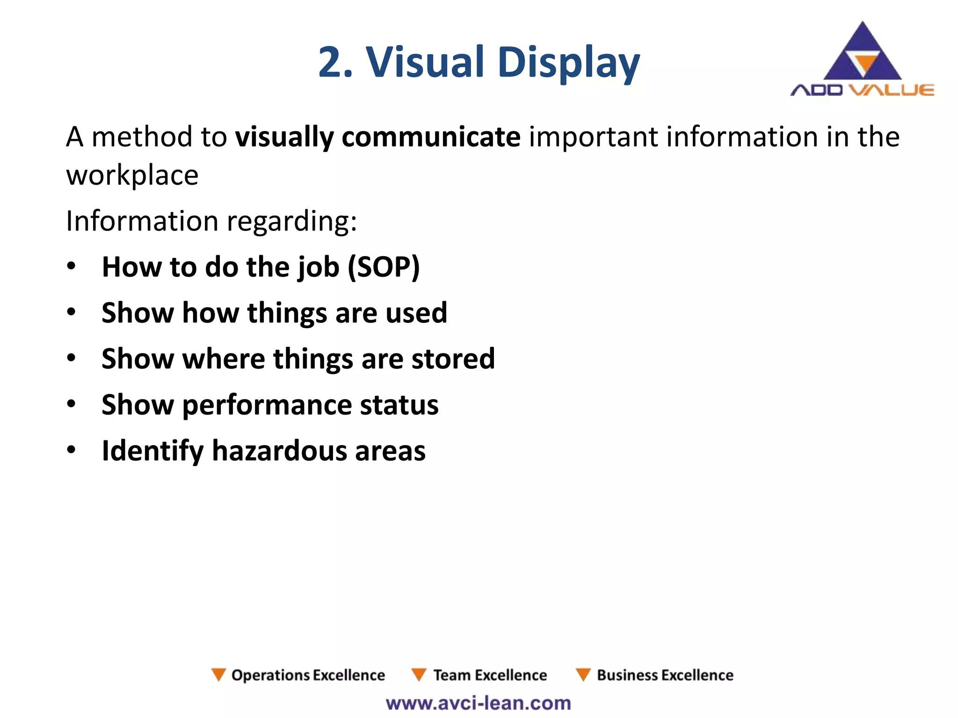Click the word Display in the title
[x=568, y=63]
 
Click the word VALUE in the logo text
[x=891, y=90]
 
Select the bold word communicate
[x=431, y=137]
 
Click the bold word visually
[x=284, y=137]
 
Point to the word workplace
[x=132, y=176]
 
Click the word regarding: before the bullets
[x=292, y=221]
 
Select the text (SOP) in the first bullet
[x=384, y=267]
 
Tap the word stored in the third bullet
[x=453, y=359]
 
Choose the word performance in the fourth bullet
[x=267, y=405]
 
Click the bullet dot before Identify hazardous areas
[x=71, y=450]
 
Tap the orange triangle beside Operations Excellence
[x=218, y=674]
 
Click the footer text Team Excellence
[x=489, y=675]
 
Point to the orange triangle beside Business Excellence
[x=583, y=674]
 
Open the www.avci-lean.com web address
[x=479, y=703]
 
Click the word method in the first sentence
[x=142, y=137]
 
